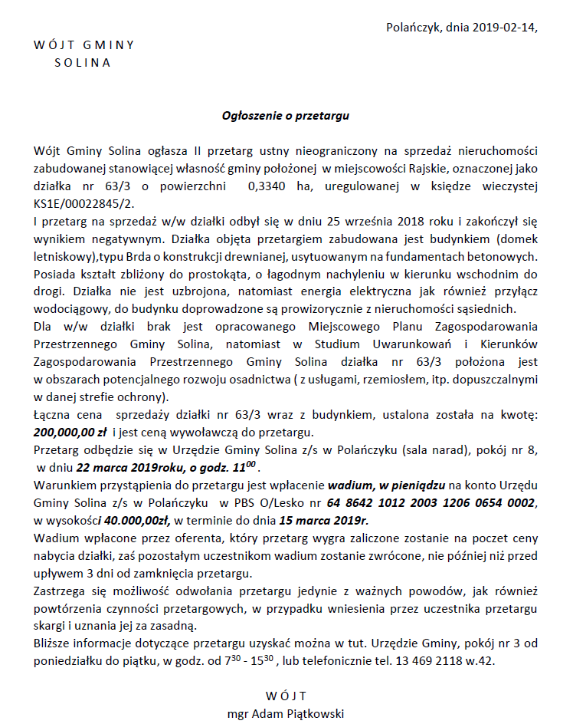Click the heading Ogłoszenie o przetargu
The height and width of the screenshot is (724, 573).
(286, 116)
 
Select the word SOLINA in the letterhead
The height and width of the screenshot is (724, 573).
(83, 63)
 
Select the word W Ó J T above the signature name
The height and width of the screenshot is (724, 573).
(286, 696)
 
